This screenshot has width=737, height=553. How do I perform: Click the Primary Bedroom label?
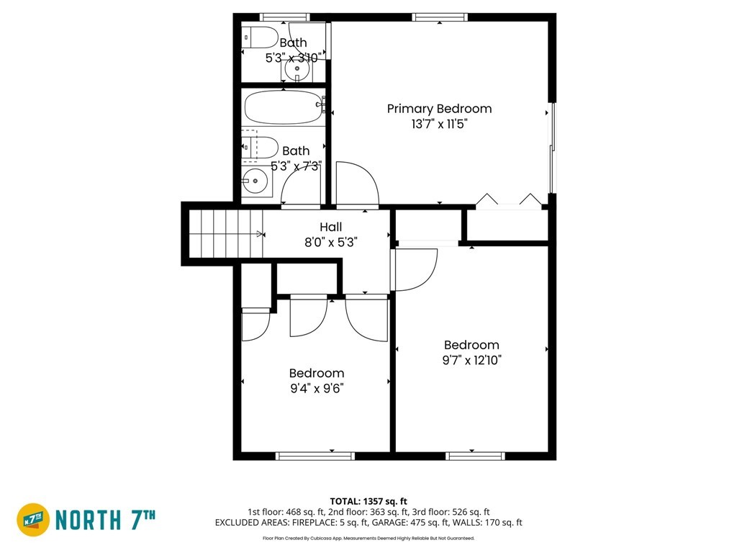tap(439, 109)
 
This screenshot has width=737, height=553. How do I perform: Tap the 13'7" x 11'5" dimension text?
tap(439, 124)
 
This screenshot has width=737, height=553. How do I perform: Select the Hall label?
tap(331, 227)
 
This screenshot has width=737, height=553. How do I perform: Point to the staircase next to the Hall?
tap(225, 234)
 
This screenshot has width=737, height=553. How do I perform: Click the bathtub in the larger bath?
tap(284, 108)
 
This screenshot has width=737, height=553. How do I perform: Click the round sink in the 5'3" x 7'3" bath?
tap(255, 181)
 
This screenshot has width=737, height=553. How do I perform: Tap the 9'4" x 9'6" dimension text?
tap(317, 388)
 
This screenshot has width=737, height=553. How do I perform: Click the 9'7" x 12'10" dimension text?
tap(472, 360)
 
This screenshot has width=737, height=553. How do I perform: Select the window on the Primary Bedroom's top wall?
tap(440, 17)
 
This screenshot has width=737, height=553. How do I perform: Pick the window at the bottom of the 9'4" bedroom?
tap(315, 456)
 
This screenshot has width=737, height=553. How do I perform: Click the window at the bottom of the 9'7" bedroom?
tap(475, 456)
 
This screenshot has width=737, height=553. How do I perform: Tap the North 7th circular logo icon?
tap(33, 520)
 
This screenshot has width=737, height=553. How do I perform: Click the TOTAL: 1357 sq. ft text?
tap(368, 501)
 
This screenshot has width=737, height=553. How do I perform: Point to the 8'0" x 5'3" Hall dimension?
tap(331, 243)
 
